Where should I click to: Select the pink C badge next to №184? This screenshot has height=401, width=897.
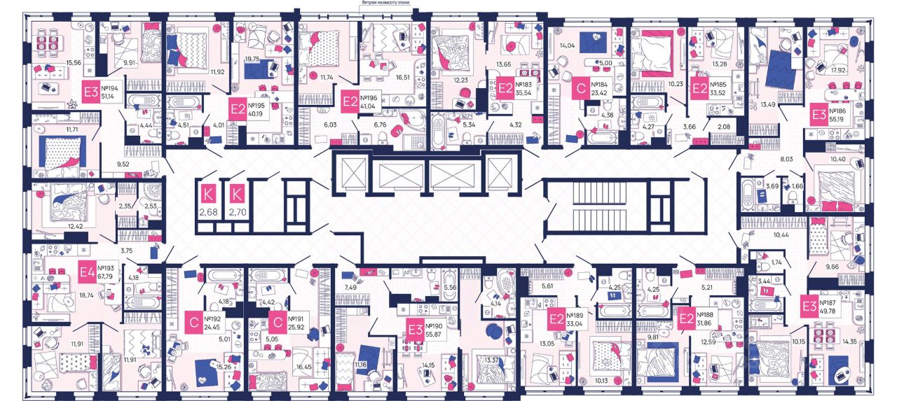[580, 90]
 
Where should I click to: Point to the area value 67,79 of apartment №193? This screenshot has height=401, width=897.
[107, 276]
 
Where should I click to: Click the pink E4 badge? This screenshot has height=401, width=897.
[88, 272]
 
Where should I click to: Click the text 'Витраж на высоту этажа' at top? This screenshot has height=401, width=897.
[385, 3]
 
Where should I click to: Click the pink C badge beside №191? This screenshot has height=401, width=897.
[277, 321]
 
